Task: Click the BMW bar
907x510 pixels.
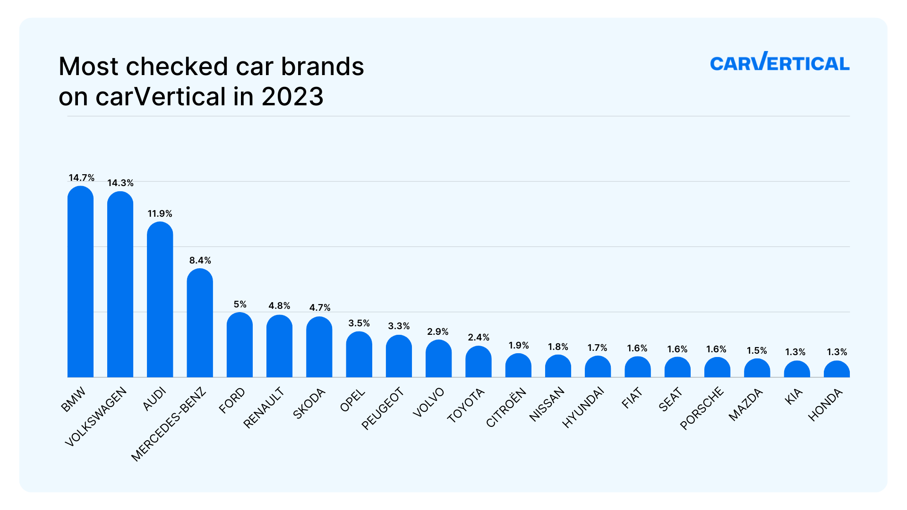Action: (x=80, y=283)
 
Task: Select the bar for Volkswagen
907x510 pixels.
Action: (x=120, y=286)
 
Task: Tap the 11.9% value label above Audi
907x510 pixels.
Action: (x=160, y=214)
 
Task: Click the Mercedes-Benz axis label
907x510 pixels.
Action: (x=169, y=424)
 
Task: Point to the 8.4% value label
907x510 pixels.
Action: (x=200, y=261)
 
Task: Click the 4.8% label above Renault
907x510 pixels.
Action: (x=279, y=306)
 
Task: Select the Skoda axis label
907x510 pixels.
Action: (x=309, y=403)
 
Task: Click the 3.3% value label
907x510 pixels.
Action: (x=399, y=326)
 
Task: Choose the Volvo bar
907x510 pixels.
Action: (x=438, y=359)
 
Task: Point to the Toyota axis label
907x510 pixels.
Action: (x=466, y=405)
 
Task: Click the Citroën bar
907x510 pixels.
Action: (x=518, y=366)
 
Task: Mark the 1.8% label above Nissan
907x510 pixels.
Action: (x=558, y=347)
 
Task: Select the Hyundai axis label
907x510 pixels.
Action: (x=583, y=407)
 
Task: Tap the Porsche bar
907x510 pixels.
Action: (x=717, y=368)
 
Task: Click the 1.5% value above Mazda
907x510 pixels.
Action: (x=757, y=351)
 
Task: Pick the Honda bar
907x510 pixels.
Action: (x=837, y=370)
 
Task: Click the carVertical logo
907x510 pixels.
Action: (x=779, y=62)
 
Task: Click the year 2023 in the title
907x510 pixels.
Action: (x=292, y=97)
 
